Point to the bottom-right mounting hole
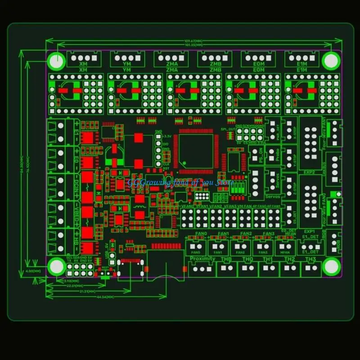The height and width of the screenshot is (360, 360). coord(331,266)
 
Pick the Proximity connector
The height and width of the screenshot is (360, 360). coord(202,269)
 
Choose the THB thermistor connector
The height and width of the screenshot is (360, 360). coord(227,269)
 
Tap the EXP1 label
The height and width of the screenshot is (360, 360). coord(309,231)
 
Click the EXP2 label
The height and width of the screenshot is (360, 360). coord(309,172)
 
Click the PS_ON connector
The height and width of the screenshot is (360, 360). coord(256,156)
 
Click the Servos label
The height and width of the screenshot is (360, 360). coord(272,196)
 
